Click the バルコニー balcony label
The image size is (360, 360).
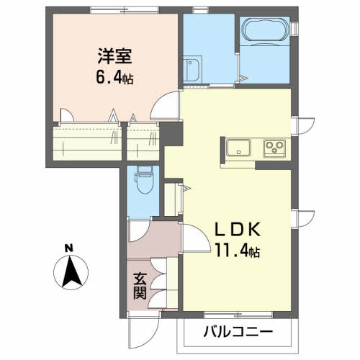point(237,333)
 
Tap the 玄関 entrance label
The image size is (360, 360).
point(140,286)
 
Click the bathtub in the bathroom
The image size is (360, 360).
point(265,32)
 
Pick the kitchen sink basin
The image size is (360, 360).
point(238,148)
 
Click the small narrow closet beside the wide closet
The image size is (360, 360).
point(143,142)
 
